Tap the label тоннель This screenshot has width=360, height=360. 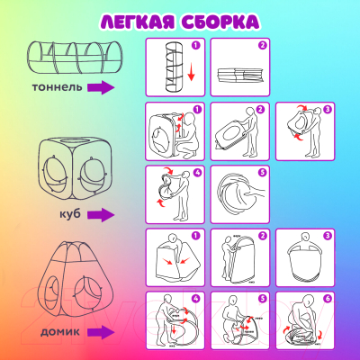point(58,88)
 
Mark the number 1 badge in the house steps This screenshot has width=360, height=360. point(194,234)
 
